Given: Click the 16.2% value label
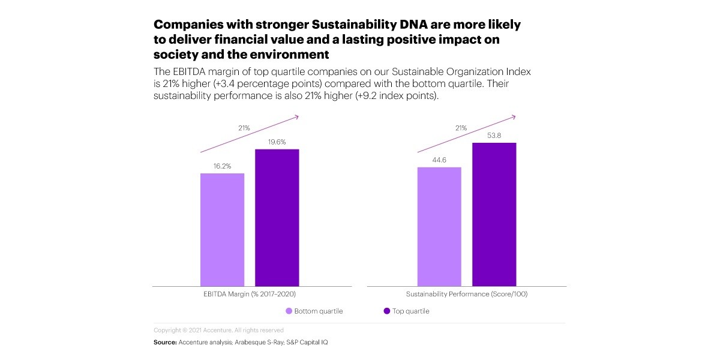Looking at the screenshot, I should (222, 166).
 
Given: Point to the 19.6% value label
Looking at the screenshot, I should (277, 142).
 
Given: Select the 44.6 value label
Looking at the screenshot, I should (439, 160).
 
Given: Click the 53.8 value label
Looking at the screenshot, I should (494, 136).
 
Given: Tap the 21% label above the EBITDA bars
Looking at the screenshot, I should (244, 128).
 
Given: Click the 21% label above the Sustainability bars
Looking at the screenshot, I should (461, 128).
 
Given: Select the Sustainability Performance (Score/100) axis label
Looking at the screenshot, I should (466, 294).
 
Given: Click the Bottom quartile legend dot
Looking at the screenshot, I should (289, 311).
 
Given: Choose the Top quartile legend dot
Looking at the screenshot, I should (386, 311).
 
